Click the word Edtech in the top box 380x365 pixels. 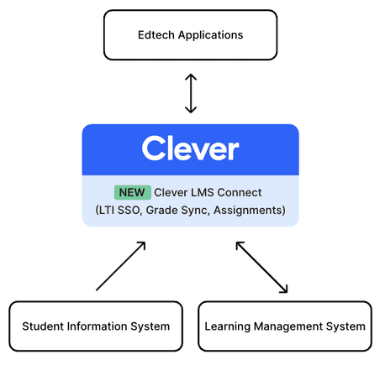[156, 35]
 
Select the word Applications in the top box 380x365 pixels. [211, 35]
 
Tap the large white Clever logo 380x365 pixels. [191, 149]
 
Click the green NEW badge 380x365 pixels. [133, 192]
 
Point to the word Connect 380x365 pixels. [240, 192]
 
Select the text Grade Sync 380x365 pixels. [177, 211]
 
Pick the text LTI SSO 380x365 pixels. [119, 211]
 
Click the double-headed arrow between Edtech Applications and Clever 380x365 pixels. [191, 93]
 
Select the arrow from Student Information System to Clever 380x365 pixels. [121, 266]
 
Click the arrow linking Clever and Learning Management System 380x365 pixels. [261, 268]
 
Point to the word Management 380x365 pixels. [288, 326]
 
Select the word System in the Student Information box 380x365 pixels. [150, 326]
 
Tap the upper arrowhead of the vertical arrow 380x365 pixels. [191, 77]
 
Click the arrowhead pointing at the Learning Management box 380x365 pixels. [284, 289]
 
